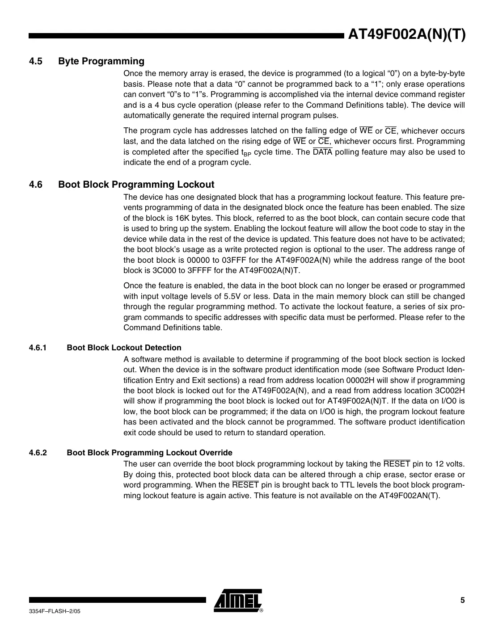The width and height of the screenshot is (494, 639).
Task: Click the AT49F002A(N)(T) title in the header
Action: [406, 34]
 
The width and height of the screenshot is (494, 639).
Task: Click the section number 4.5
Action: [35, 61]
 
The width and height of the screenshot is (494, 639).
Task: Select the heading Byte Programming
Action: [101, 61]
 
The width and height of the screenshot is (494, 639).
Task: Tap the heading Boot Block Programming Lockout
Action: [136, 185]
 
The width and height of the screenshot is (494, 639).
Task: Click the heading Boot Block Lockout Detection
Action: [124, 348]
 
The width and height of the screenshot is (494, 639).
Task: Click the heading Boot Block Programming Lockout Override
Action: [149, 453]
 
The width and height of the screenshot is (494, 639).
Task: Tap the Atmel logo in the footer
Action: [238, 600]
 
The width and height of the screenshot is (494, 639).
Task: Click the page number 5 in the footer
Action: [463, 600]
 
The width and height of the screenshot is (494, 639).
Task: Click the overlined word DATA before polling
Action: [322, 152]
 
